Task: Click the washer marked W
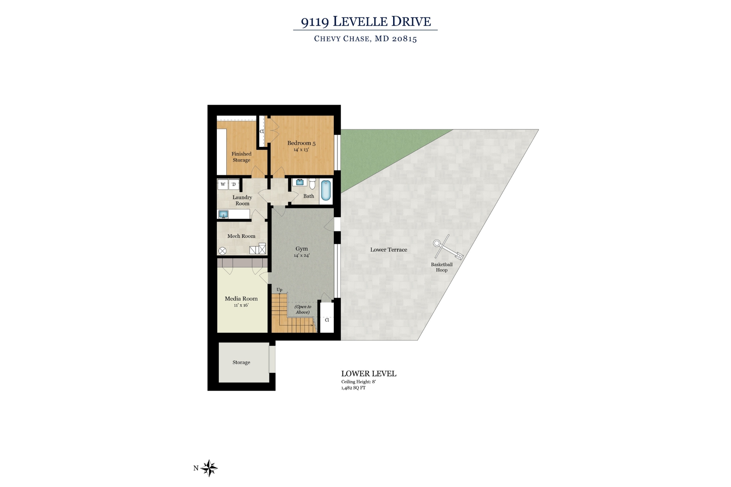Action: (223, 185)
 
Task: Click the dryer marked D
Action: (234, 185)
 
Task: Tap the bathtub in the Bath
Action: (326, 191)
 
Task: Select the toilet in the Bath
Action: (312, 183)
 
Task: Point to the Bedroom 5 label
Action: (301, 143)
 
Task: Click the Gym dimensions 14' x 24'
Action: (302, 256)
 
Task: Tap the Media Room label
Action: (241, 299)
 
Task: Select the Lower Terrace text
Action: (389, 250)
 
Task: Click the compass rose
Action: (210, 468)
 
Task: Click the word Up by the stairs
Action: (279, 290)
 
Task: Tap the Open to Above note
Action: (303, 310)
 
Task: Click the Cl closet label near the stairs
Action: (327, 320)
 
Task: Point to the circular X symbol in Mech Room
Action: (223, 251)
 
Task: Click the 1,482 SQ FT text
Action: (353, 388)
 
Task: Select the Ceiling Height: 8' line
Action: (358, 382)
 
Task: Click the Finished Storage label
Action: (242, 157)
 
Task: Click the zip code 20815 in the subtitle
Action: (404, 39)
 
